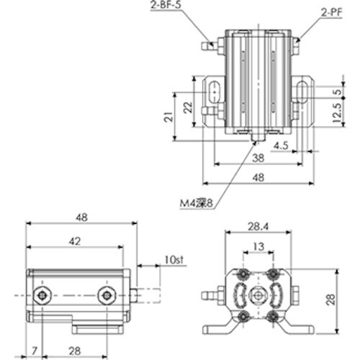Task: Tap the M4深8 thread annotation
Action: [197, 204]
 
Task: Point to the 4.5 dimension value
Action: [280, 145]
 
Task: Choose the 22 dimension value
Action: [187, 107]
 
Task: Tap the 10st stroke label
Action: [172, 260]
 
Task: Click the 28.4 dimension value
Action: [259, 228]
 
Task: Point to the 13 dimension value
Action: [259, 247]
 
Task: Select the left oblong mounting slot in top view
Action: [215, 92]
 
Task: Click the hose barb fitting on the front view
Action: [208, 295]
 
